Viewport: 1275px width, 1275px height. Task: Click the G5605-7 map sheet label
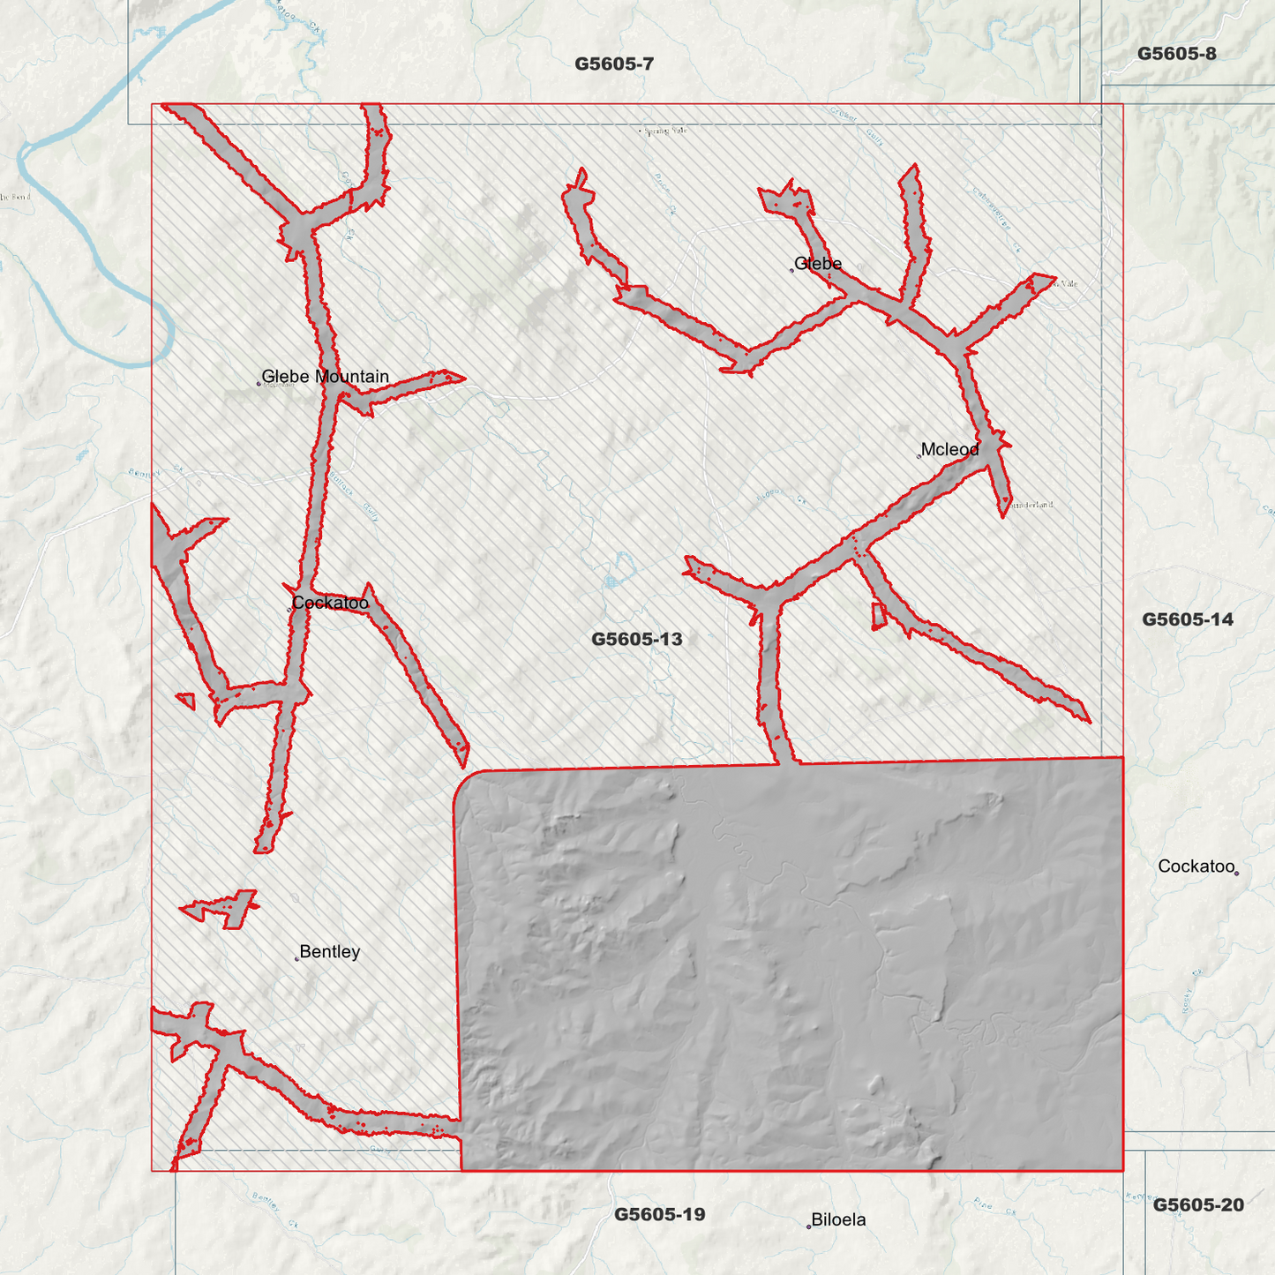[614, 64]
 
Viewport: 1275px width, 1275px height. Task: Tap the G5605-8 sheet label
[1176, 54]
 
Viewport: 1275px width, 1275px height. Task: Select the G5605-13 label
[636, 639]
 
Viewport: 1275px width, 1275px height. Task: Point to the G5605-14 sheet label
[1188, 619]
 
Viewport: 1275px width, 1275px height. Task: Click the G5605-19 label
[660, 1214]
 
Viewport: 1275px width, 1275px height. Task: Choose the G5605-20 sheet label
[1198, 1205]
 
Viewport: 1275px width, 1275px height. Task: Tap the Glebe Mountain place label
[325, 377]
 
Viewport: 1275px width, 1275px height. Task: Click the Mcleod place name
[949, 450]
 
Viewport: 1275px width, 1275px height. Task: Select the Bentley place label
[329, 952]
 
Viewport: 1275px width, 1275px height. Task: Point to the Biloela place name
[838, 1220]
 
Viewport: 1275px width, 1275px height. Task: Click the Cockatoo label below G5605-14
[1196, 866]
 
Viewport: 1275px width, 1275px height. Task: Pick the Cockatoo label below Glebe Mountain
[330, 604]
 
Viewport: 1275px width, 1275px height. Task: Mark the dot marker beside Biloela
[808, 1226]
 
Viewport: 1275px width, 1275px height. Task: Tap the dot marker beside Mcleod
[919, 456]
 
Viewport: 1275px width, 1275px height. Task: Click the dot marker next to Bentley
[296, 958]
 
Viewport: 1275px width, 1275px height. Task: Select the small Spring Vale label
[665, 131]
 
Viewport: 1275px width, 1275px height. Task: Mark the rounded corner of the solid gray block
[462, 780]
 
